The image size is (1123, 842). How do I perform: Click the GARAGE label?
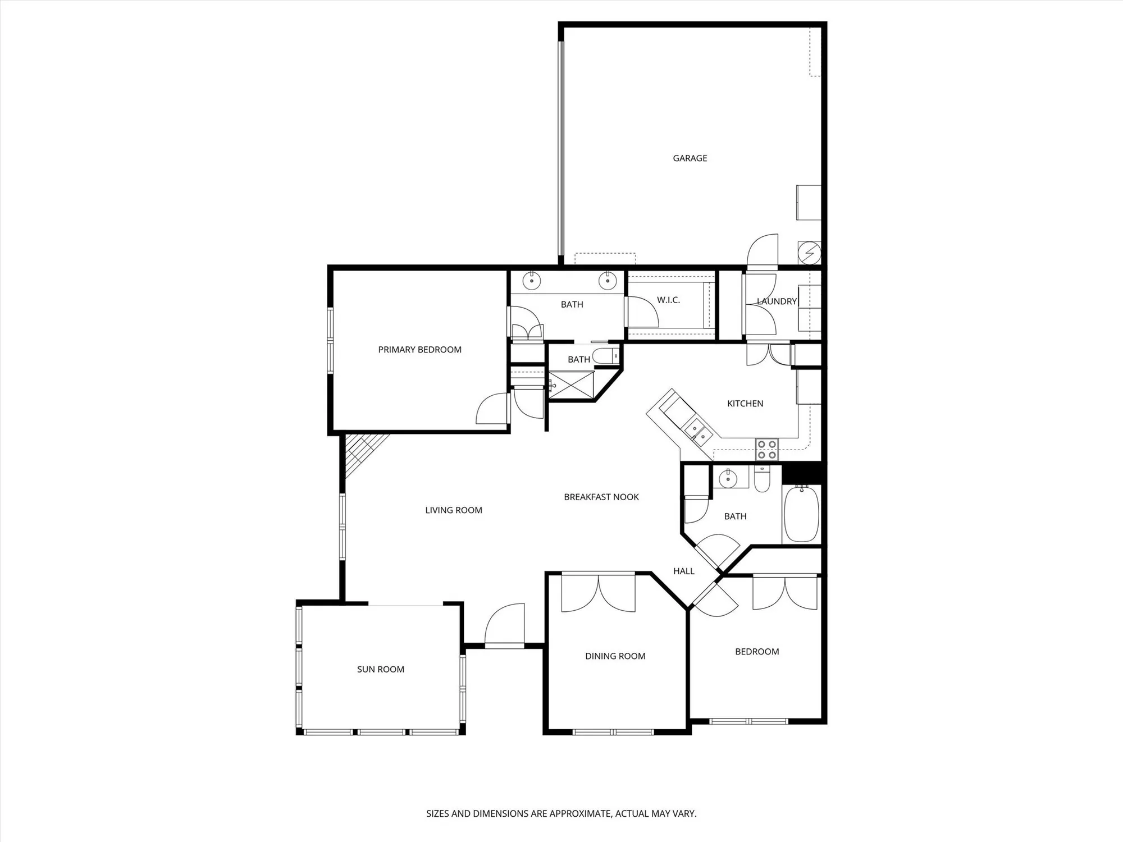tap(690, 158)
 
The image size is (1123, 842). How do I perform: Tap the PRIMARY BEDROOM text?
tap(419, 350)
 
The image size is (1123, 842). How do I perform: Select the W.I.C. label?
tap(668, 300)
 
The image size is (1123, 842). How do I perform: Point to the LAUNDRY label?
tap(777, 301)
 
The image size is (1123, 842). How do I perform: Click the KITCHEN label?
tap(745, 404)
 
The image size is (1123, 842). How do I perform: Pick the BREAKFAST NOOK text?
tap(601, 497)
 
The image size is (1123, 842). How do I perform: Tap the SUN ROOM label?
tap(380, 669)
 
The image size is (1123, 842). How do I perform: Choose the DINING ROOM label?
tap(615, 656)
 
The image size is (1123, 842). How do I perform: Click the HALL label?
tap(683, 571)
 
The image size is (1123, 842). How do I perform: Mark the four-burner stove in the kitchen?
tap(766, 449)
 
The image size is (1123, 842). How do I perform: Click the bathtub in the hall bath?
tap(801, 514)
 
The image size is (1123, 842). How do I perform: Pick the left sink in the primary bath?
tap(531, 280)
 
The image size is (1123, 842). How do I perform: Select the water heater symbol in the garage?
tap(809, 253)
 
